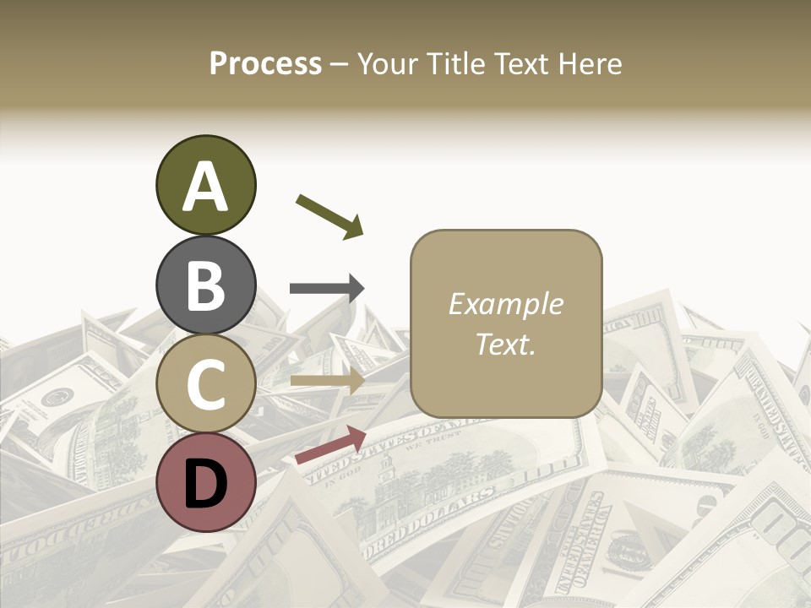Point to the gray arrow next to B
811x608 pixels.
tap(327, 288)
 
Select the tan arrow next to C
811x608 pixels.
tap(327, 381)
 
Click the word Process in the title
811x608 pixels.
tap(265, 64)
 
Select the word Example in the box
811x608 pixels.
tap(505, 304)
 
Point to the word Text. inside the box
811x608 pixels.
tap(505, 344)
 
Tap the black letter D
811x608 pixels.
tap(205, 483)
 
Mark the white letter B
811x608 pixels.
tap(205, 285)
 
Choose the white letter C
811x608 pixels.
tap(205, 384)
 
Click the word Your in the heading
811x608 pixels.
tap(389, 64)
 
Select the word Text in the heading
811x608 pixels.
tap(518, 64)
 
